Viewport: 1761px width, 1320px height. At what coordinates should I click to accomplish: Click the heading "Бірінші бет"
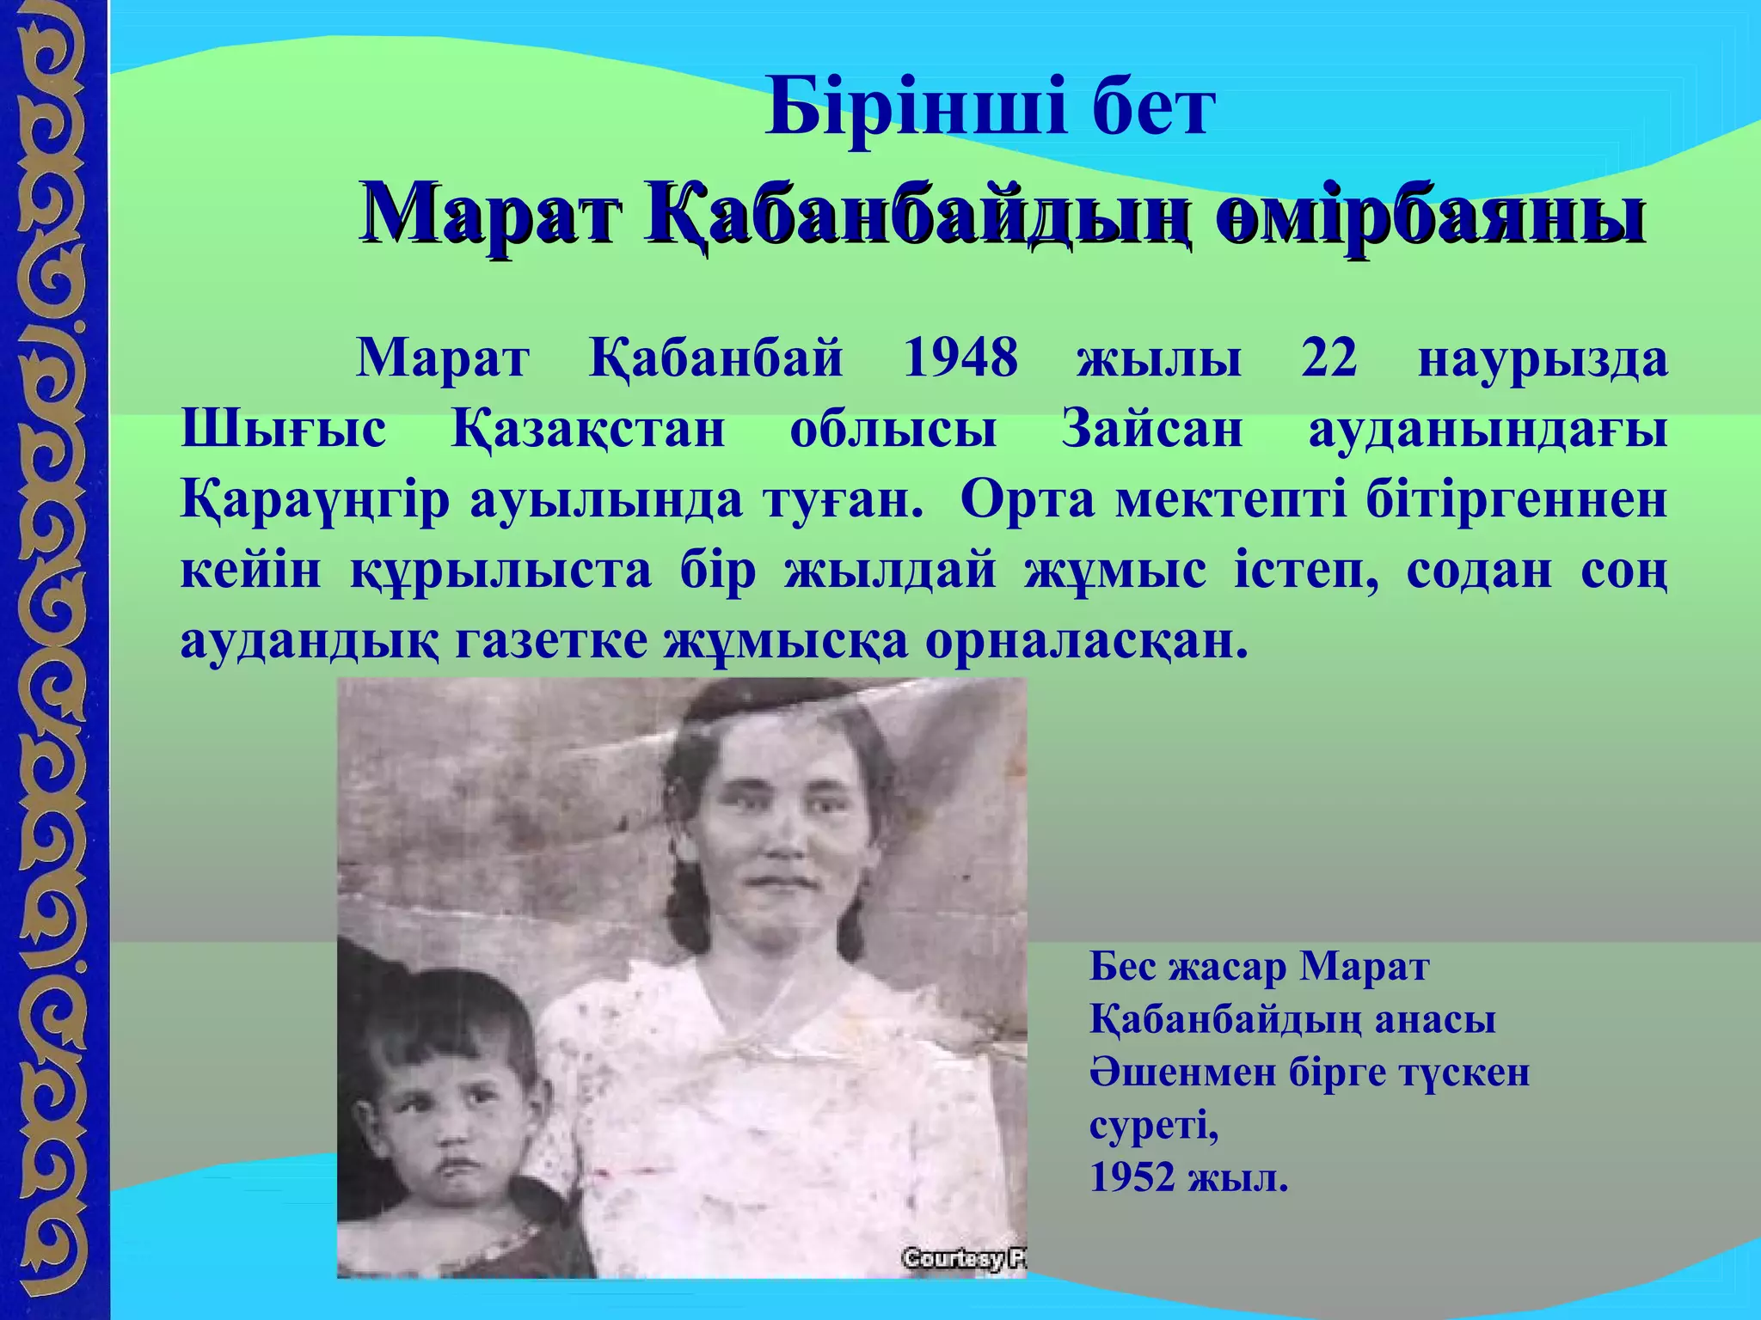click(x=989, y=107)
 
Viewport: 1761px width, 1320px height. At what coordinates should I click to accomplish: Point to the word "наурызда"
click(x=1543, y=359)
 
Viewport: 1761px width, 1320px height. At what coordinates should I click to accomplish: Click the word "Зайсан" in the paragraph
click(x=1152, y=429)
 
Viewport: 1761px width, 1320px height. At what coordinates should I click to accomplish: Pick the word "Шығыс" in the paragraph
click(x=284, y=431)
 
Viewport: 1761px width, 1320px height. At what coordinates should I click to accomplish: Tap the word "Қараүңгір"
click(x=315, y=501)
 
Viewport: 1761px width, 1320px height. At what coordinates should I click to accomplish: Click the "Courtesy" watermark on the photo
click(x=953, y=1260)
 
